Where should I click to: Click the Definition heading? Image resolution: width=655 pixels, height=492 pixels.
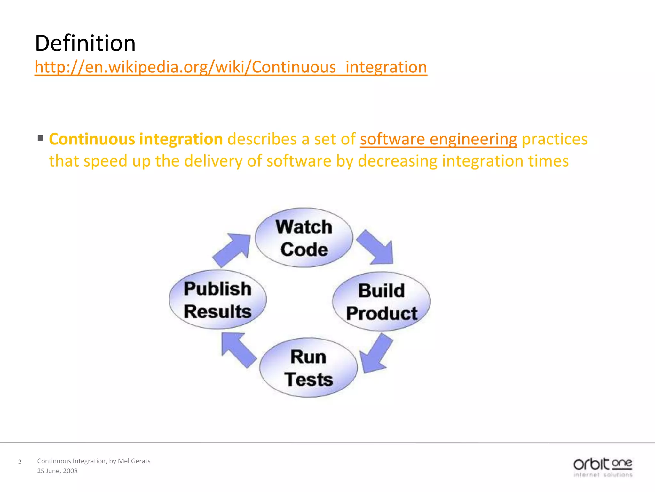point(85,43)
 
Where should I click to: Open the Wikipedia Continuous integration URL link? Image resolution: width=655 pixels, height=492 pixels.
point(231,67)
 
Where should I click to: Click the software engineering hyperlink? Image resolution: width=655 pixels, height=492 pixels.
point(438,139)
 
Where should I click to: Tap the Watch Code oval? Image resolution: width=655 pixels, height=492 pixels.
point(304,238)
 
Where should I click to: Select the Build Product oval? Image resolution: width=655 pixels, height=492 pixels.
point(381,301)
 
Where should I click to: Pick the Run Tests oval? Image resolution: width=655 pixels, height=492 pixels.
point(308,368)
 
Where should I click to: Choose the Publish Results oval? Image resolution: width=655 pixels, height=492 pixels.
point(217,299)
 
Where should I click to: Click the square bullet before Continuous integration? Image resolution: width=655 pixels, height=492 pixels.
point(40,138)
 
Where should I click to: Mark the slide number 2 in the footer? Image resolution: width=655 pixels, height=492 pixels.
point(20,462)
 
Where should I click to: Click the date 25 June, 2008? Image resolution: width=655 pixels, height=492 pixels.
point(57,471)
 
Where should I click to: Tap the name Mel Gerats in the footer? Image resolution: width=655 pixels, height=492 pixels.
point(134,461)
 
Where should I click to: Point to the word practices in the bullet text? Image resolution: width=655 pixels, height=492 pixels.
point(555,139)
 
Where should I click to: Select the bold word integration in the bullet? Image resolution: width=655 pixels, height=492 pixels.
point(181,139)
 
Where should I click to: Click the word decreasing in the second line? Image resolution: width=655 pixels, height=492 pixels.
point(398,161)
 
